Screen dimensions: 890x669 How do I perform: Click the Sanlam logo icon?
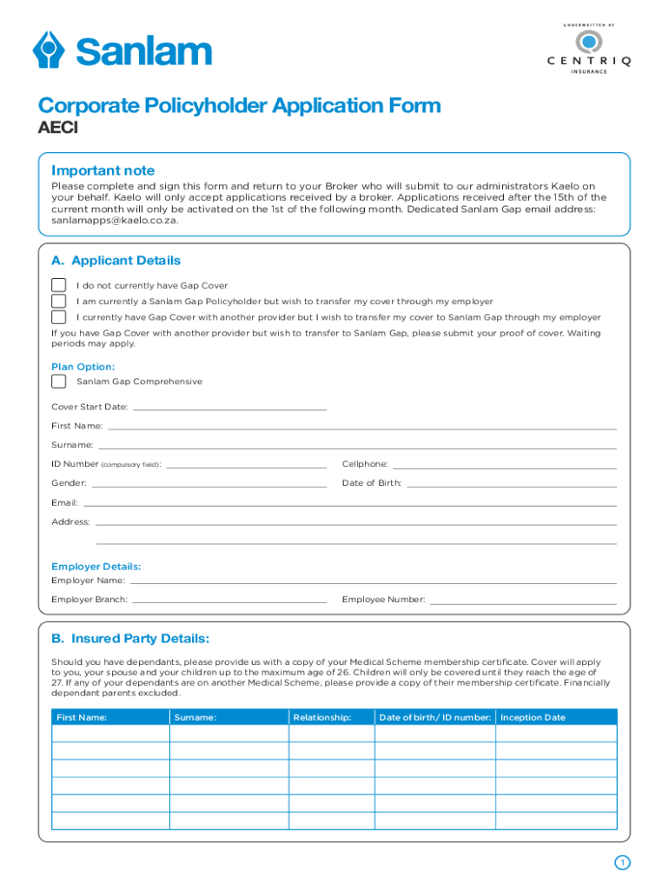50,50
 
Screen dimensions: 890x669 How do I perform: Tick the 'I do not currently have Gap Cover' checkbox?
58,285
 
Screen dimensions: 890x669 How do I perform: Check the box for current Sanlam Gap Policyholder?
58,301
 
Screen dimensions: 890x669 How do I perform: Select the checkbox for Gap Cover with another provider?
58,316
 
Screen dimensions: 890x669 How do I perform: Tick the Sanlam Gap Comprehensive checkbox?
58,382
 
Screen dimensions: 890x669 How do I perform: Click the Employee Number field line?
523,599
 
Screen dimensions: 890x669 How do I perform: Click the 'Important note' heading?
103,170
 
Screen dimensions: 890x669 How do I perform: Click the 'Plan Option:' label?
83,367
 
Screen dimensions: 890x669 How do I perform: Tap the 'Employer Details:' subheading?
96,566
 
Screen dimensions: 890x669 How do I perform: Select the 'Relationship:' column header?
322,717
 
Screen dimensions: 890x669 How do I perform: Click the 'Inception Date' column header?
533,717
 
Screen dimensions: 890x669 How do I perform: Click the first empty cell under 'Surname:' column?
229,734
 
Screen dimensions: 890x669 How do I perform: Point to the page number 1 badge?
621,862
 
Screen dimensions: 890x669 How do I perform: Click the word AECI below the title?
57,130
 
